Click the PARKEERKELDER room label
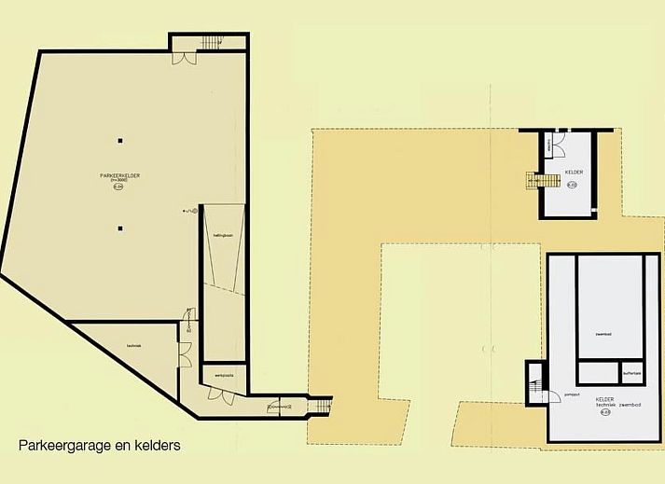(118, 175)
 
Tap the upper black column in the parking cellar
(119, 141)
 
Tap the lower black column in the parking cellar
(119, 227)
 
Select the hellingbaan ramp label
(221, 248)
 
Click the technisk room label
(133, 346)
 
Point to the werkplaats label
(224, 375)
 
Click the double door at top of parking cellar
(185, 58)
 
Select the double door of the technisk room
(185, 354)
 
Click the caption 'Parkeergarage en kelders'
(99, 446)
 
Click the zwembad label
(603, 332)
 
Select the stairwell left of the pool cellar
(535, 382)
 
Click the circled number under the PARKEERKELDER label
(118, 187)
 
